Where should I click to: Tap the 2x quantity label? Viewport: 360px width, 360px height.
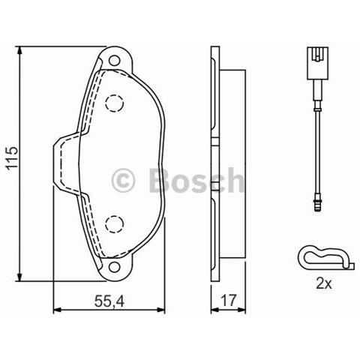[x=324, y=284]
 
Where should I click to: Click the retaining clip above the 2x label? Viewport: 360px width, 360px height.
[x=322, y=257]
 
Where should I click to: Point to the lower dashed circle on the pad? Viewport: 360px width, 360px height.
[x=115, y=222]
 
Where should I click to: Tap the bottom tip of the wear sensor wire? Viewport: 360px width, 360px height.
[x=318, y=204]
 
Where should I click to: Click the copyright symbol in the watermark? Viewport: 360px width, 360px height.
[x=122, y=181]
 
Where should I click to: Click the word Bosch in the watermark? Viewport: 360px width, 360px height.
[x=196, y=181]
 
